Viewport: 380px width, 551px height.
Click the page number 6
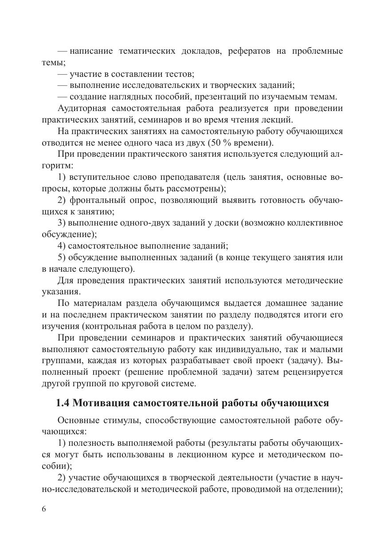click(43, 509)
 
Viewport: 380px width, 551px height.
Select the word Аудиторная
click(82, 108)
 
